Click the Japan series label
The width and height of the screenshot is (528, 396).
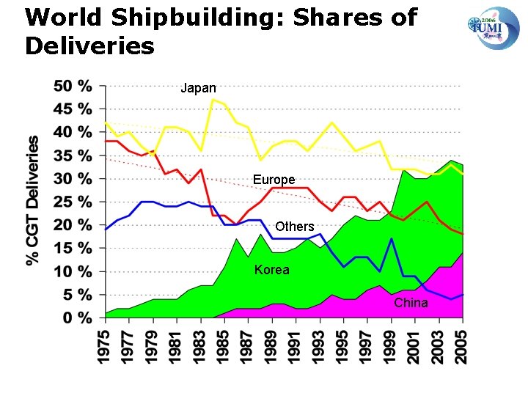click(198, 89)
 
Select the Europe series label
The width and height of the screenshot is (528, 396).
click(274, 180)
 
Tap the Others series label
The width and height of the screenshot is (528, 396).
click(294, 227)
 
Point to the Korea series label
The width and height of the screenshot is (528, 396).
click(271, 270)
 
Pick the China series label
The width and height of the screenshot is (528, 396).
click(411, 302)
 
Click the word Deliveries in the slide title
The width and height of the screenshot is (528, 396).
click(89, 46)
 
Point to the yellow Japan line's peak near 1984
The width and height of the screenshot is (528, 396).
click(213, 99)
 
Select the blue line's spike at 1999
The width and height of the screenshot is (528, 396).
click(392, 239)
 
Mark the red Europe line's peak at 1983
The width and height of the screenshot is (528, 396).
click(201, 169)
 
